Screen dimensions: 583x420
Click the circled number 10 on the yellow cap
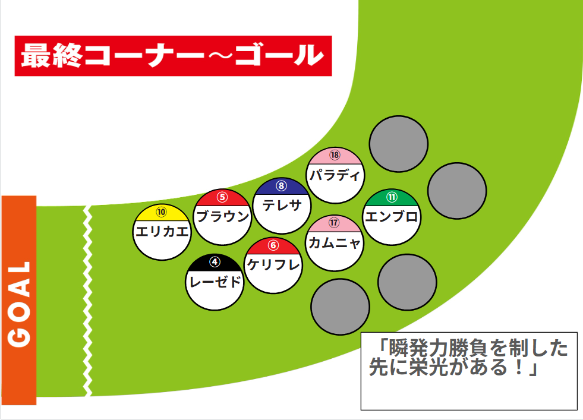[x=161, y=211]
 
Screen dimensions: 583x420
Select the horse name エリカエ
[x=162, y=231]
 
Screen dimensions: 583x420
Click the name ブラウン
[x=222, y=217]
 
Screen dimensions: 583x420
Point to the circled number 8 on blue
[x=281, y=185]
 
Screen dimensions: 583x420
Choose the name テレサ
[x=282, y=206]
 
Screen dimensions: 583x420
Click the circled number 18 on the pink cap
[x=335, y=155]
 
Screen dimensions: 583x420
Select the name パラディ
[x=335, y=176]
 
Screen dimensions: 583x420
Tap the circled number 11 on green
[x=392, y=197]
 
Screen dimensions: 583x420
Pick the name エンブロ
[x=392, y=217]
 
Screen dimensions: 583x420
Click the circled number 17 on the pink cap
[x=334, y=223]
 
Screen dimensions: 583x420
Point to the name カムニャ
[x=334, y=244]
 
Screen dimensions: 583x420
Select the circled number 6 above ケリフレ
[x=273, y=245]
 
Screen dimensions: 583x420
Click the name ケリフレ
[x=273, y=265]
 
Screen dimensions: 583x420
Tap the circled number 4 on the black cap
[x=215, y=261]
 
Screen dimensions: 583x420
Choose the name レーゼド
[x=215, y=282]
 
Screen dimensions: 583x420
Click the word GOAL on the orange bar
[x=20, y=303]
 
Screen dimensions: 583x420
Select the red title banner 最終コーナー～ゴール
[x=172, y=56]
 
